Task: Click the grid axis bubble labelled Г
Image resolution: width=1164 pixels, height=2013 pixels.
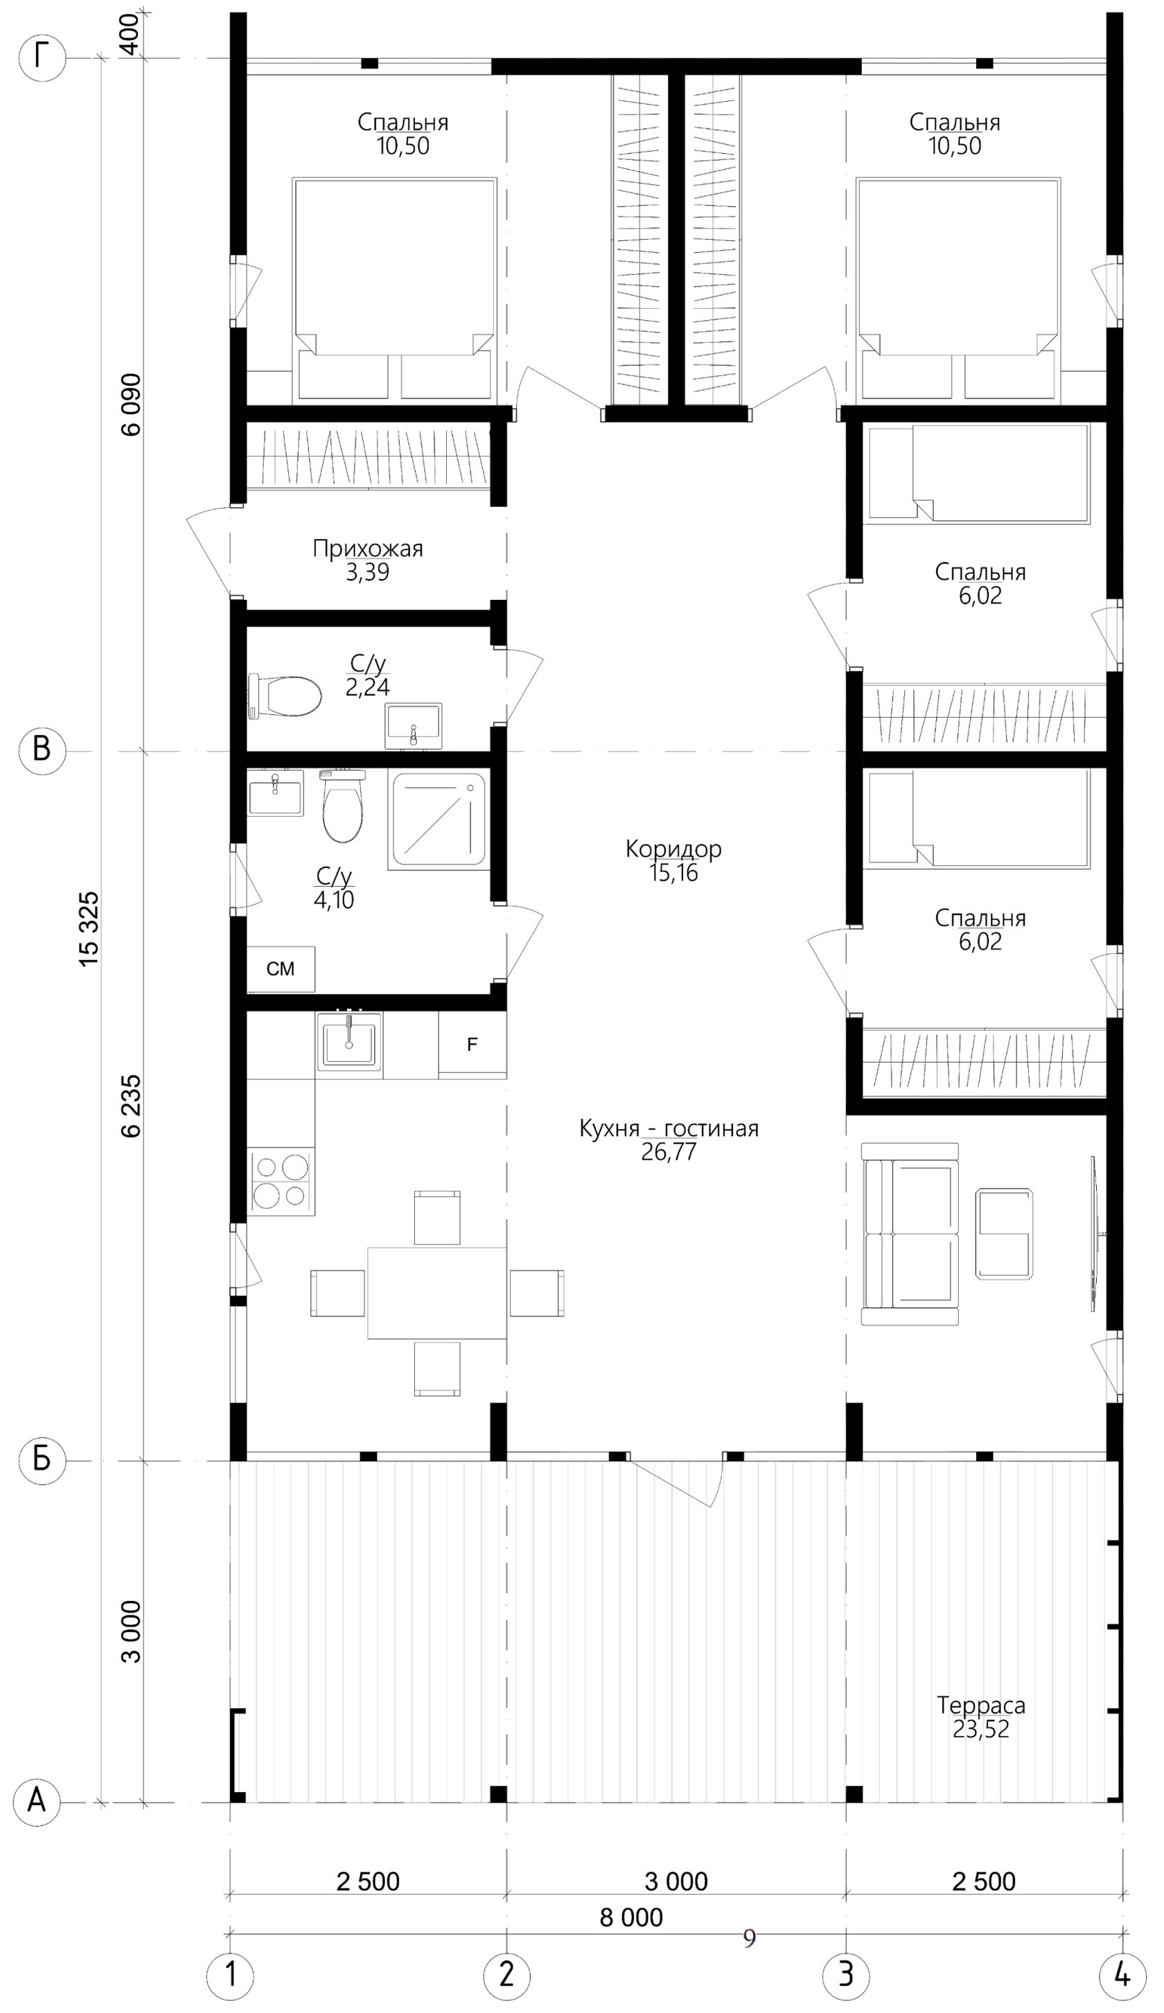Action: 42,58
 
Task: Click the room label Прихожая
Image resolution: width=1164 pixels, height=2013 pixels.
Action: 367,548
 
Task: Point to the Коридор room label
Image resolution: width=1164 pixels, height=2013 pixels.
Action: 673,849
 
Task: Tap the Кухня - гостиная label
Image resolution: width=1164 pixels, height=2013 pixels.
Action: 669,1128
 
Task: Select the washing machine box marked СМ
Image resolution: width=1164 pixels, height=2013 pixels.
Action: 281,969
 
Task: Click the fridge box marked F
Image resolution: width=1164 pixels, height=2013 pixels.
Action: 472,1045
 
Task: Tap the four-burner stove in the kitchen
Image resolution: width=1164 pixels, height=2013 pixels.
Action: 281,1182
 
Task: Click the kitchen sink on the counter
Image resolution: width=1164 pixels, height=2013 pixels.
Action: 349,1042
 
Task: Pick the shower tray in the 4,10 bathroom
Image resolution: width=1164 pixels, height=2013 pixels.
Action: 439,819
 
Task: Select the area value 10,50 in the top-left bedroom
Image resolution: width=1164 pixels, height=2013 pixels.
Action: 403,146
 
